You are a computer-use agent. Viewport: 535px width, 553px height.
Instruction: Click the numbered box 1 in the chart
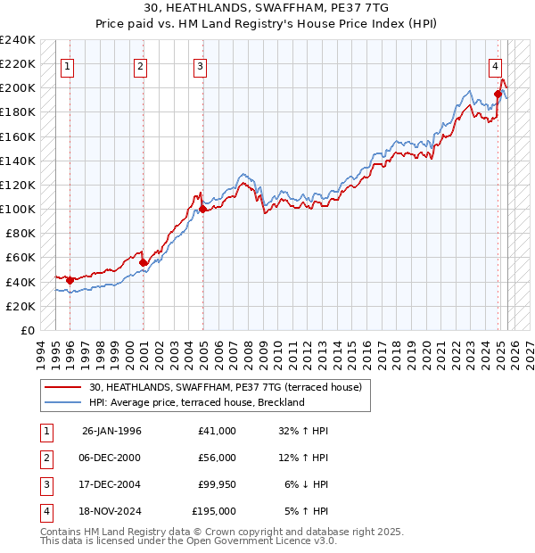pos(68,65)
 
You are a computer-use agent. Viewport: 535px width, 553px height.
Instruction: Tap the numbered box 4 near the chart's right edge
pos(495,65)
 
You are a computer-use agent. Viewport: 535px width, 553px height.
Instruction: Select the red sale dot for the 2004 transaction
pos(202,210)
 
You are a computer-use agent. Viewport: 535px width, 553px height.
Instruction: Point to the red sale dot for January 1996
pos(70,281)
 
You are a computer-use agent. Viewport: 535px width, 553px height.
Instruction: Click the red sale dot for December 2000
pos(143,262)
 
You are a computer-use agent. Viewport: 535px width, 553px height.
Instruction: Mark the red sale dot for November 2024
pos(498,94)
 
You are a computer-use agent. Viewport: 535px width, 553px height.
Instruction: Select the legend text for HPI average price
pos(196,403)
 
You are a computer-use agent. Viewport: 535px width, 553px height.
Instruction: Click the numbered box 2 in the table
pos(45,458)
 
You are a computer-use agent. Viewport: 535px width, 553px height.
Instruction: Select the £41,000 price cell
pos(216,431)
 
